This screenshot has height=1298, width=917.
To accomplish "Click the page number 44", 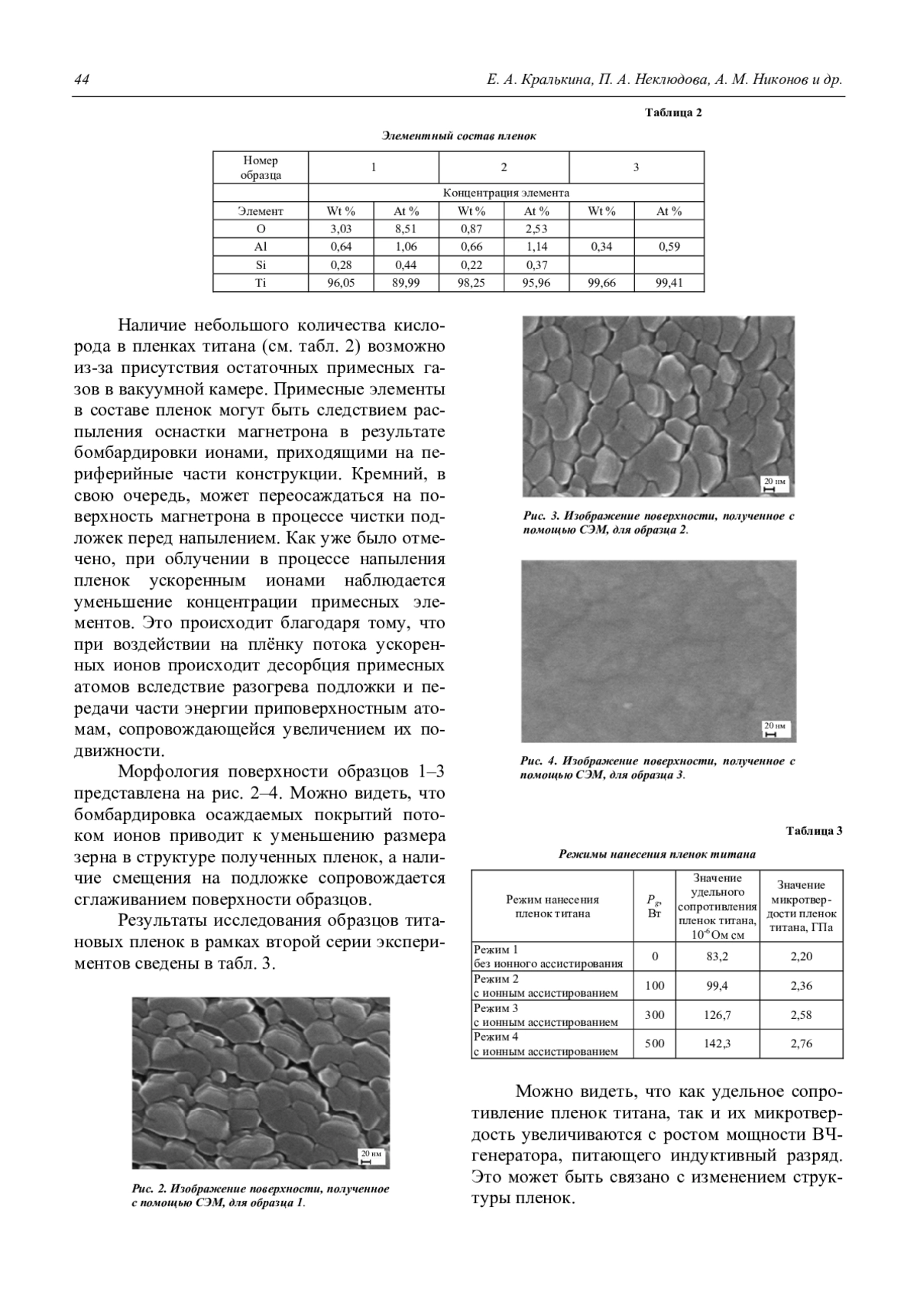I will [82, 80].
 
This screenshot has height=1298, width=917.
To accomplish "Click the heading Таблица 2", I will [672, 113].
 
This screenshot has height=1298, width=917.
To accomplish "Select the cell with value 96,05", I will [341, 283].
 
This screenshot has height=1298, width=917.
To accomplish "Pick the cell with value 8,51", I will [406, 229].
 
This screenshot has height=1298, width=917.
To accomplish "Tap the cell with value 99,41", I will [669, 283].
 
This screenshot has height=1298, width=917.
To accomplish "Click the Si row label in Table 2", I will [261, 265].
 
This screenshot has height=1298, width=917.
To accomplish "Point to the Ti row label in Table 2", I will [261, 283].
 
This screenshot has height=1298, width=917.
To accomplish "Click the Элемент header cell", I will [261, 211].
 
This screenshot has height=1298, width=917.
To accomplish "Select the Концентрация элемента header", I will [506, 193].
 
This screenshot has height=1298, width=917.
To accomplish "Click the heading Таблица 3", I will [815, 831].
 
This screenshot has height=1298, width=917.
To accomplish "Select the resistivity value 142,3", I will [717, 1043].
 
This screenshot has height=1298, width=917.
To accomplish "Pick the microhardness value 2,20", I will [801, 956].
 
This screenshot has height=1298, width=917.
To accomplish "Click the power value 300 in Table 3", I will [654, 1015].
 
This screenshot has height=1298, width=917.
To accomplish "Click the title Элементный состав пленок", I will [459, 136].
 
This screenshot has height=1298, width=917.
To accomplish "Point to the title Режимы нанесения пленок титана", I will [657, 854].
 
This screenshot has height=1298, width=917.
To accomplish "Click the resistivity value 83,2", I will [717, 956].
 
